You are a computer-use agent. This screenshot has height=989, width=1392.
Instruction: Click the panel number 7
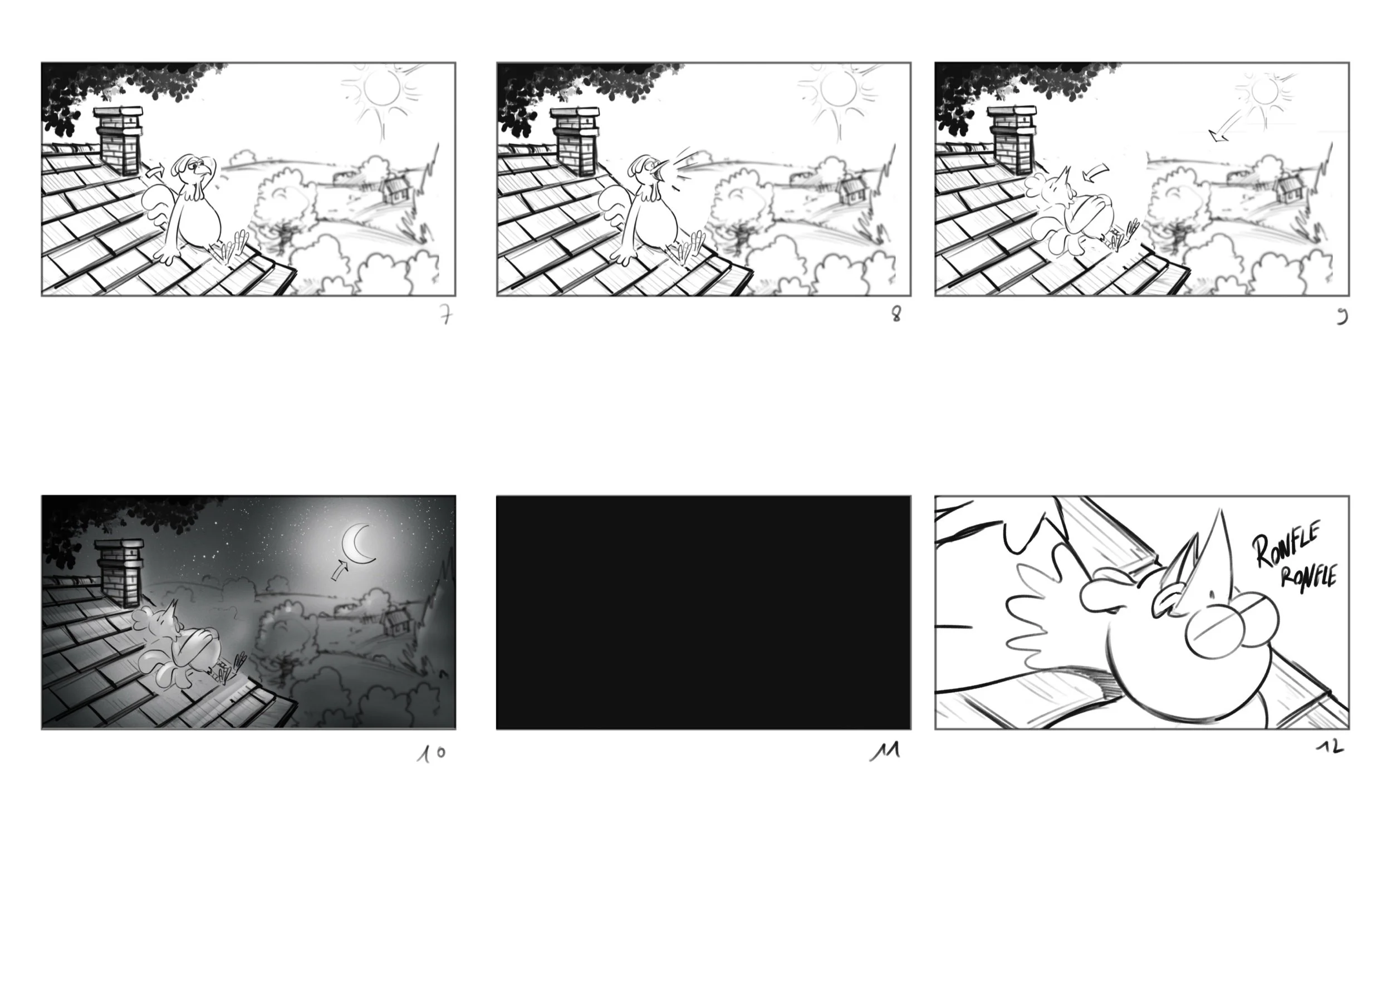pos(447,315)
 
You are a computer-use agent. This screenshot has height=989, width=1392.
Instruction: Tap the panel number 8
pos(896,314)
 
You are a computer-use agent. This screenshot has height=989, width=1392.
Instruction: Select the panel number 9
pos(1342,317)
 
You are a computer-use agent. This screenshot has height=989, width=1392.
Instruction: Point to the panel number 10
pos(432,753)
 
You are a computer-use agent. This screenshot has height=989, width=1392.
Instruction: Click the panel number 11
pos(885,753)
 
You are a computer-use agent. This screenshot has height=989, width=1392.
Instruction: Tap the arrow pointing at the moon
pos(339,570)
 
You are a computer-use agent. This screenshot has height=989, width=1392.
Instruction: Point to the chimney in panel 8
pos(575,141)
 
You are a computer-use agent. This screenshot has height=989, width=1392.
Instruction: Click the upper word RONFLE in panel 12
pos(1286,543)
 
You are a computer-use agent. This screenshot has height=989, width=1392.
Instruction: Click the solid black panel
pos(703,612)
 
